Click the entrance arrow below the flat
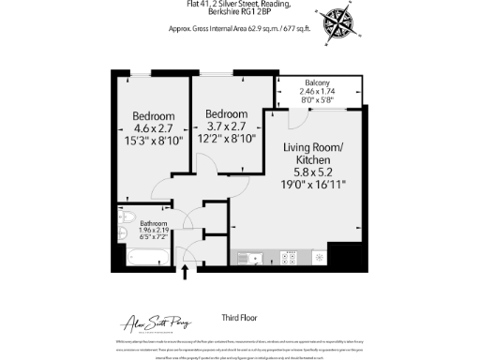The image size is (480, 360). [x=185, y=271]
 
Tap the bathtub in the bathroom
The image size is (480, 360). [x=143, y=255]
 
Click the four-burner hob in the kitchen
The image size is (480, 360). [x=292, y=256]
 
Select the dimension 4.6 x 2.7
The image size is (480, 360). [x=155, y=127]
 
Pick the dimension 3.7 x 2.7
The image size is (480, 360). [x=225, y=127]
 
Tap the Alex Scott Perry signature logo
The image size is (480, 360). [x=156, y=322]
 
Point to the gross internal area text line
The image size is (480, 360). [x=240, y=29]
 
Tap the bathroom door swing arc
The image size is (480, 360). [x=185, y=221]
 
